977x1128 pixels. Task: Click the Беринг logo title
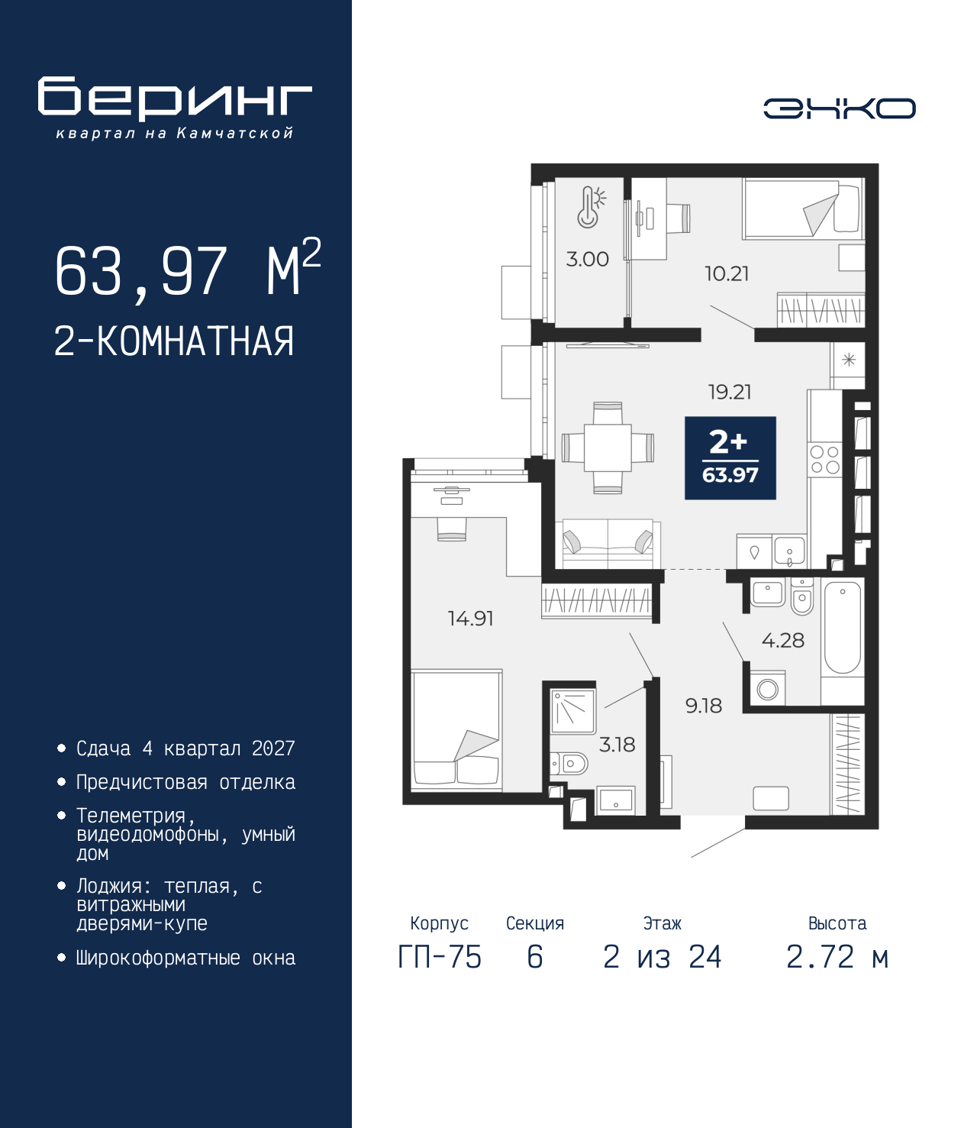coord(175,99)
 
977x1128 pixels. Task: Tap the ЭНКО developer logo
coord(840,108)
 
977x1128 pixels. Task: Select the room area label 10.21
coord(727,274)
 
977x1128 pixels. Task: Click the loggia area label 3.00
coord(587,259)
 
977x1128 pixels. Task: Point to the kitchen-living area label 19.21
coord(730,392)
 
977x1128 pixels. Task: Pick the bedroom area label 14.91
coord(470,619)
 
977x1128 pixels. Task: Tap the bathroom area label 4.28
coord(783,640)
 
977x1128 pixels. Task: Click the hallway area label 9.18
coord(704,706)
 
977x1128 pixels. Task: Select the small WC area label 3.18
coord(617,745)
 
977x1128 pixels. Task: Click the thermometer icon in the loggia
coord(590,208)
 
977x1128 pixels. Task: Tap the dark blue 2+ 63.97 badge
coord(730,458)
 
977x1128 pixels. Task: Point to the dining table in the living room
coord(608,448)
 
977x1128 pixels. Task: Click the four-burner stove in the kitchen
coord(825,459)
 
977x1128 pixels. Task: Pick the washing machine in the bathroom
coord(767,689)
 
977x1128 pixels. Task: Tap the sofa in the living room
coord(608,545)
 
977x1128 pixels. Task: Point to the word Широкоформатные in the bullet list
coord(158,958)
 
